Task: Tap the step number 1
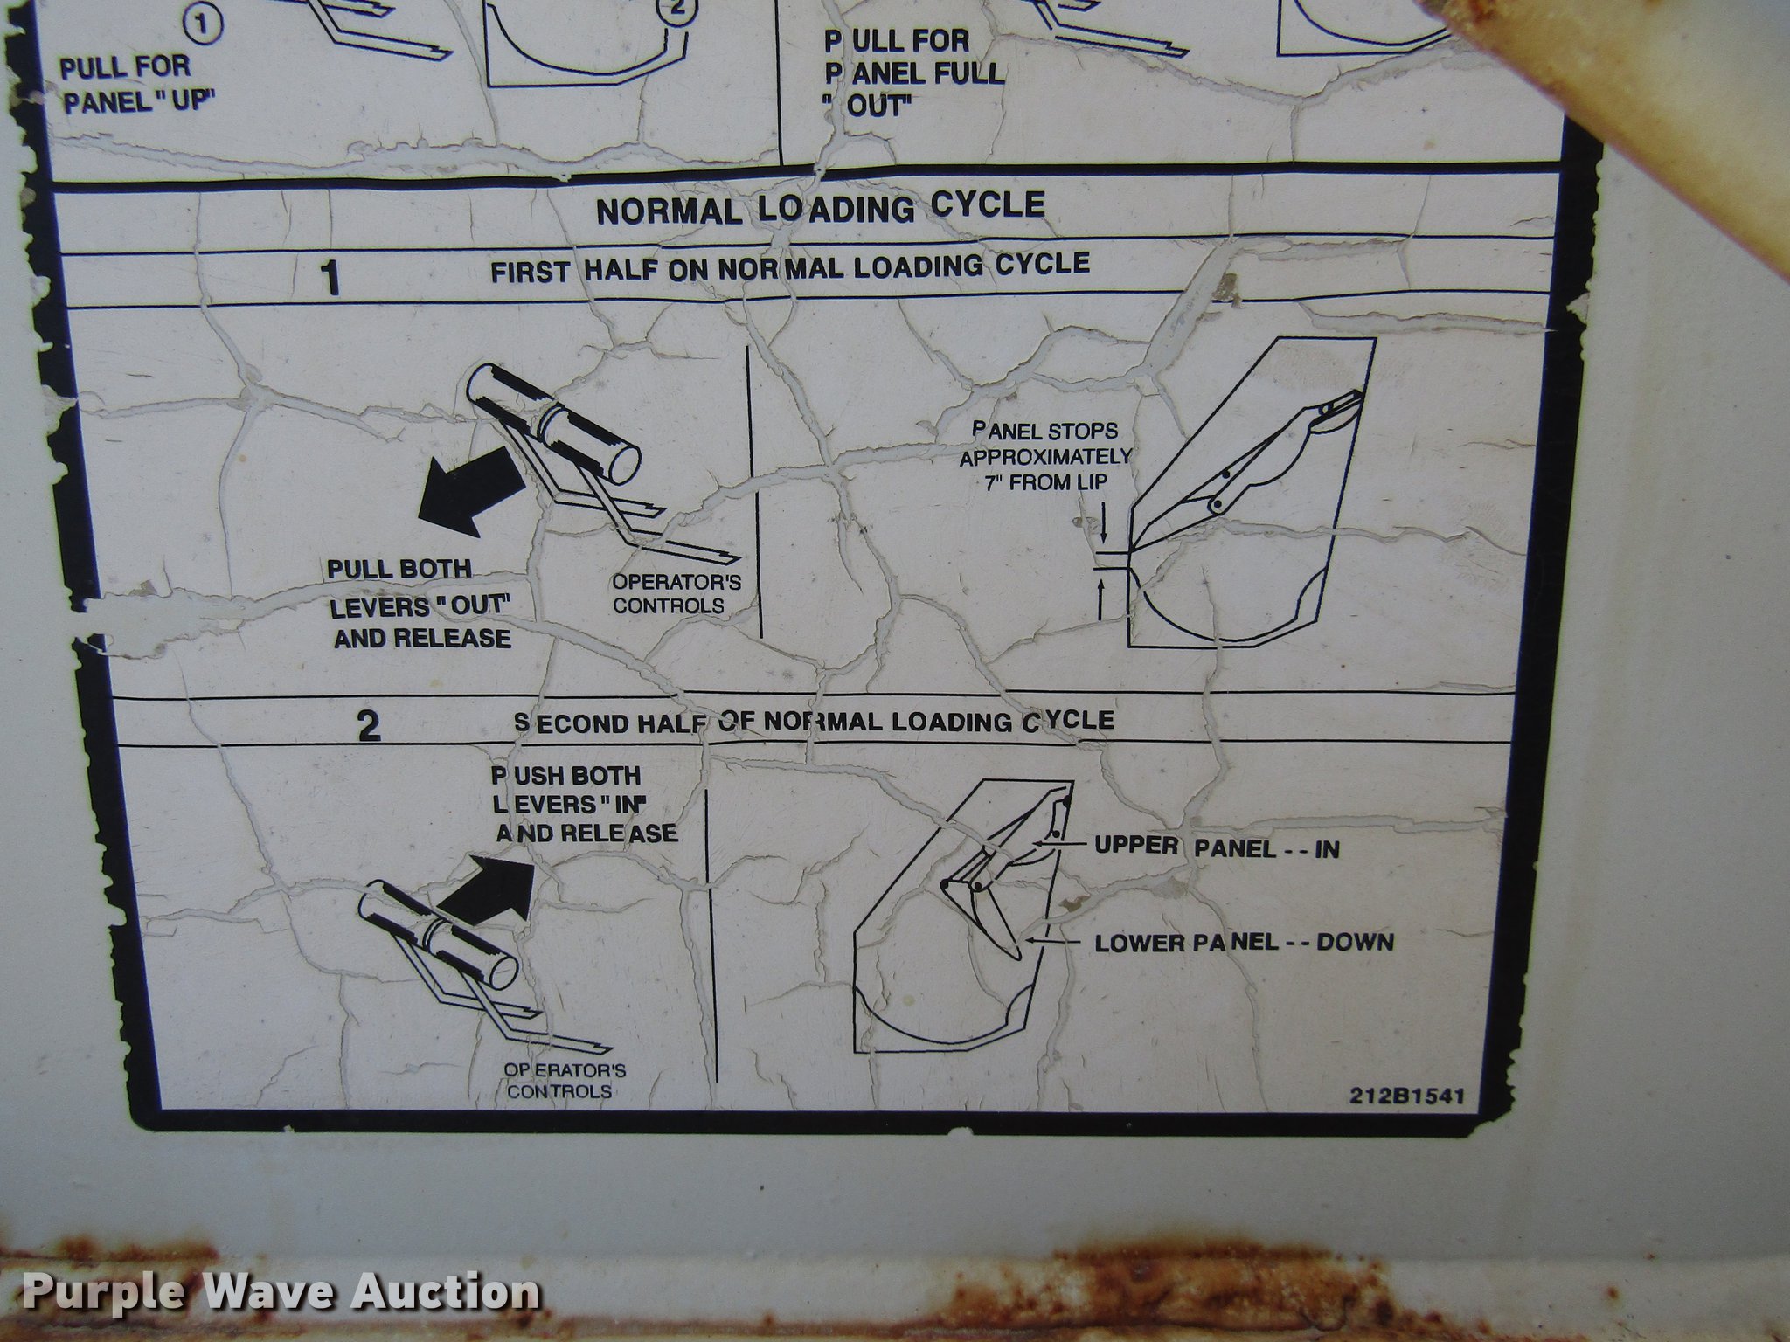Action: coord(331,280)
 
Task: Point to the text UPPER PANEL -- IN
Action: coord(1217,847)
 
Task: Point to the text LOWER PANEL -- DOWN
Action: coord(1245,942)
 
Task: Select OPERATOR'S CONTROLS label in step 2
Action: coord(564,1081)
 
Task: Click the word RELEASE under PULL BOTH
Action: coord(452,639)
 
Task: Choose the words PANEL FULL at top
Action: coord(915,73)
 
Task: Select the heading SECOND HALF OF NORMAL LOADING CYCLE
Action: coord(814,722)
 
